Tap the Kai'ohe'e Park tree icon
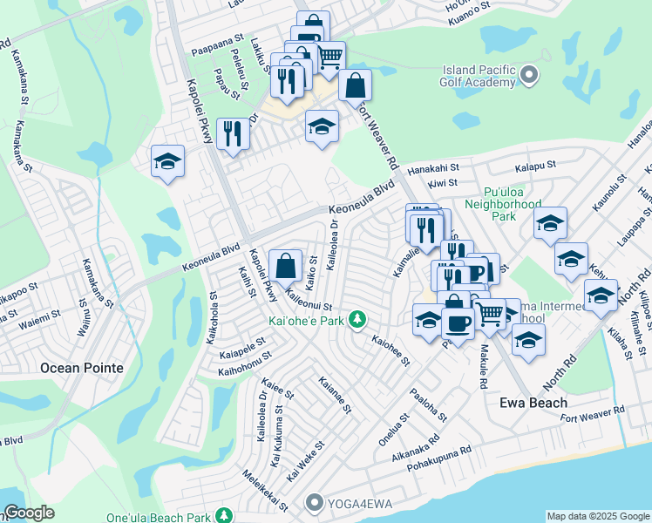357,320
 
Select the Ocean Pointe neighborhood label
82,368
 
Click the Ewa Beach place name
533,403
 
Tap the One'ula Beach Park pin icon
225,517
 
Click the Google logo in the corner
29,513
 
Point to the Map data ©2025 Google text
598,516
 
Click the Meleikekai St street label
267,492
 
